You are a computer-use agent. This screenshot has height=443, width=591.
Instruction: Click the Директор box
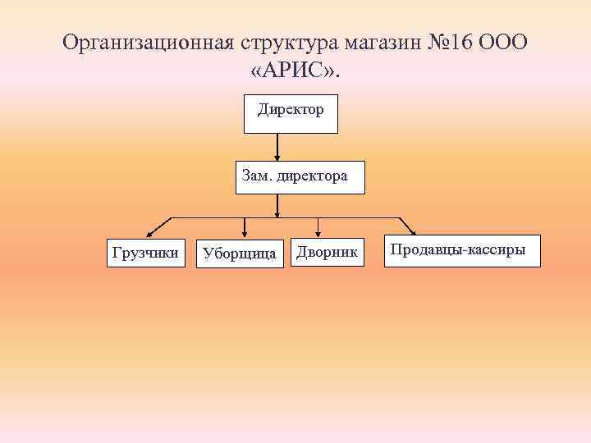pos(291,113)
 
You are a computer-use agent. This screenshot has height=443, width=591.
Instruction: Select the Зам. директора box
pos(300,176)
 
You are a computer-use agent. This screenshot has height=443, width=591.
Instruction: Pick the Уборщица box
pos(239,253)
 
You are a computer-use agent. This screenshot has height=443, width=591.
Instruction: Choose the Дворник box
pos(327,253)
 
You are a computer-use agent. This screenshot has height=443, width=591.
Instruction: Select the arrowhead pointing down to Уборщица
pos(244,235)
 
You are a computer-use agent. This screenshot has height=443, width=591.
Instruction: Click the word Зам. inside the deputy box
pos(257,176)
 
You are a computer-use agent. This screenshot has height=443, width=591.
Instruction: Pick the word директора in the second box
pos(313,176)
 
